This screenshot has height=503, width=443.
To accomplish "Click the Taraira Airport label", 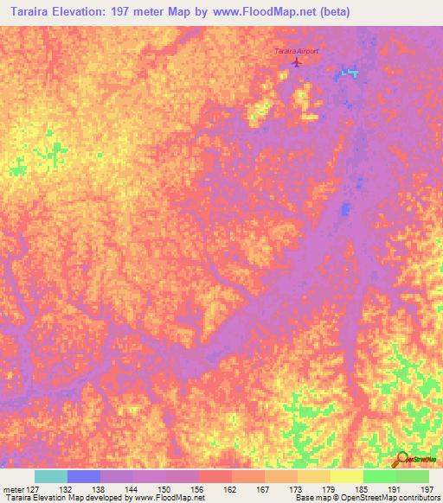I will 296,51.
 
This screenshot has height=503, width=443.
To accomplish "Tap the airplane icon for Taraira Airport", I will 298,61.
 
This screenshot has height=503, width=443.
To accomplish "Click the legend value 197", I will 426,487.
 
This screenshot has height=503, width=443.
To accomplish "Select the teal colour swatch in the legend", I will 51,475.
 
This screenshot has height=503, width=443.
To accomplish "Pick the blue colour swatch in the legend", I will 84,475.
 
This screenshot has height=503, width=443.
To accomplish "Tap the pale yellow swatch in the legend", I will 347,475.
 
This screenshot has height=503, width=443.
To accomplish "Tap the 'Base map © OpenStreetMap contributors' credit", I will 366,499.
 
